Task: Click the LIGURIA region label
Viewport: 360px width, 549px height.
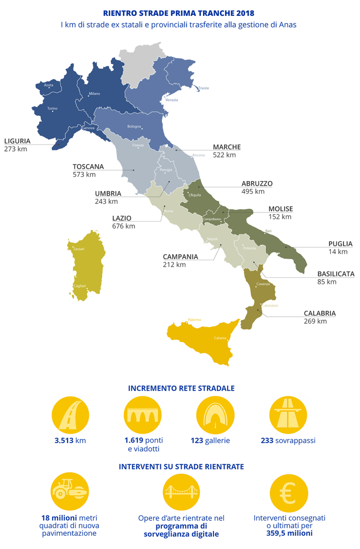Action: click(17, 141)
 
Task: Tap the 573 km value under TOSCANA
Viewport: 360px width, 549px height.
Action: click(84, 175)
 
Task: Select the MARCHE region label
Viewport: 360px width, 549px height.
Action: click(227, 147)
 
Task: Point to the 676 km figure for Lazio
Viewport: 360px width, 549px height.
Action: click(123, 226)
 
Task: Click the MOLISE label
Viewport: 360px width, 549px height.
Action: click(280, 209)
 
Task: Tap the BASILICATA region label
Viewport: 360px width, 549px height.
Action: click(336, 273)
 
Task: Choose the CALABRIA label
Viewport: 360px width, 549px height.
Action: click(320, 313)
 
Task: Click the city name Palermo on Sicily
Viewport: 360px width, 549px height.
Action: click(194, 320)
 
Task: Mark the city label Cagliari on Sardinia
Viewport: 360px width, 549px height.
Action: click(80, 286)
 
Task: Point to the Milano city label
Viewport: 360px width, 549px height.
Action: click(94, 94)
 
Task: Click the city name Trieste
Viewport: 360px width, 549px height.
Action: click(204, 88)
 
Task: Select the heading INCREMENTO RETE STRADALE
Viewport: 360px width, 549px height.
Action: click(181, 388)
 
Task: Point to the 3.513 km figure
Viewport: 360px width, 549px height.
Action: click(70, 440)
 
